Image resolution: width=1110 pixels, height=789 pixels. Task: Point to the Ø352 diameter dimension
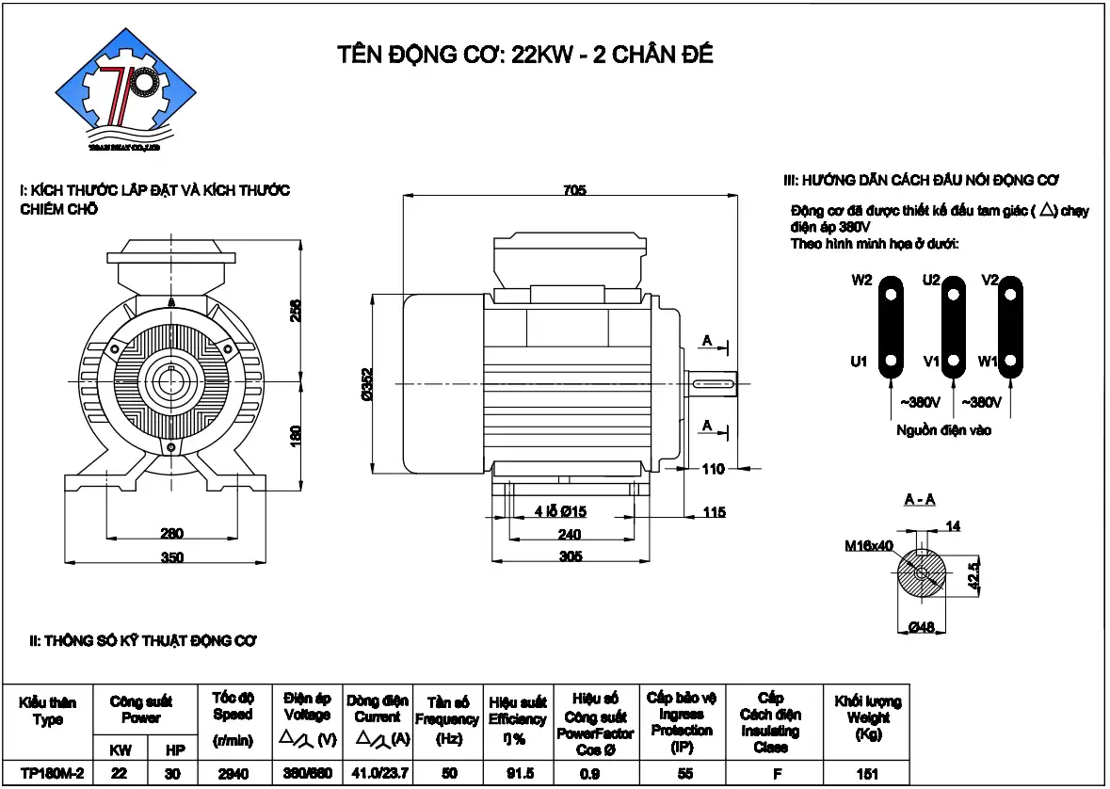pyautogui.click(x=366, y=385)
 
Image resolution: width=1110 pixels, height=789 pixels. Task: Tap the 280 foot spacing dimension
pyautogui.click(x=171, y=533)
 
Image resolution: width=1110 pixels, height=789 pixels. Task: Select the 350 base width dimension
pyautogui.click(x=171, y=557)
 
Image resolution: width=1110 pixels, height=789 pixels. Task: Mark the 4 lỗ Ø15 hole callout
pyautogui.click(x=561, y=511)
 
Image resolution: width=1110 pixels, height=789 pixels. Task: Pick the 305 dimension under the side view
pyautogui.click(x=571, y=556)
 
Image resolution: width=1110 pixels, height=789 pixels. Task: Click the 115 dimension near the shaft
pyautogui.click(x=715, y=512)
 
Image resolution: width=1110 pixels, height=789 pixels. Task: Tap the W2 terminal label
pyautogui.click(x=861, y=281)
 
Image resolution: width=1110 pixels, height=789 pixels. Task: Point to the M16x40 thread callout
pyautogui.click(x=868, y=545)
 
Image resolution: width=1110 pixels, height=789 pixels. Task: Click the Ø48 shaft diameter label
pyautogui.click(x=922, y=627)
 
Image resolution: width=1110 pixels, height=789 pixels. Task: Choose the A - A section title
pyautogui.click(x=920, y=499)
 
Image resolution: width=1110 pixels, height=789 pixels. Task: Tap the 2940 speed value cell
pyautogui.click(x=233, y=774)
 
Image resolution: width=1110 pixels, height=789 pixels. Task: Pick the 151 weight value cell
pyautogui.click(x=867, y=774)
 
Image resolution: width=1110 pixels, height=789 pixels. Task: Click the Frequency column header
pyautogui.click(x=448, y=720)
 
